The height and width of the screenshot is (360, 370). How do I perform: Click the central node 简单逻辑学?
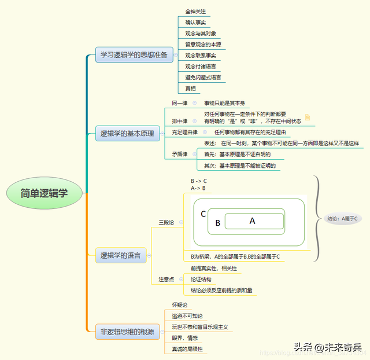point(44,193)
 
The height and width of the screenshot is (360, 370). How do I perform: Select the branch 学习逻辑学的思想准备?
point(134,55)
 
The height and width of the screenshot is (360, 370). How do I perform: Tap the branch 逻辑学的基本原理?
point(127,134)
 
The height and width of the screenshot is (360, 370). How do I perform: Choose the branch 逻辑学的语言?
point(120,255)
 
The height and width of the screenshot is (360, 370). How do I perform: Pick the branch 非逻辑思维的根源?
point(127,332)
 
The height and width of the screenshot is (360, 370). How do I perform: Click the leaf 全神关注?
point(195,12)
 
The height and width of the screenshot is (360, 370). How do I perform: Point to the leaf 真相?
point(190,89)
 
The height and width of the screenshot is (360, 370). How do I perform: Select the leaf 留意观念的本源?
point(203,45)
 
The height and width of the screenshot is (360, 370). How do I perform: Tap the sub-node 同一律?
point(179,102)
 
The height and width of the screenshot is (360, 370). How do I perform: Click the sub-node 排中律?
point(179,122)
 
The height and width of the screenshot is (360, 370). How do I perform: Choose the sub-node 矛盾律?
point(179,154)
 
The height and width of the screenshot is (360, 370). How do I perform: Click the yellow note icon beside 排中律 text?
point(308,117)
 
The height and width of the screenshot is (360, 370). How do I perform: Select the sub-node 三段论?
point(167,222)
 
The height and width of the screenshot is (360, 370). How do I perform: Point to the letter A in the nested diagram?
point(252,221)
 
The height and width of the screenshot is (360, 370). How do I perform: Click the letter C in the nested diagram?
point(203,214)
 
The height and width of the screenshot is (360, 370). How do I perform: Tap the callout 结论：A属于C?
point(343,218)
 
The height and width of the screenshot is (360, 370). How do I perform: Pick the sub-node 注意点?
point(167,280)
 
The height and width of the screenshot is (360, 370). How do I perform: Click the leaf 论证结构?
point(201,280)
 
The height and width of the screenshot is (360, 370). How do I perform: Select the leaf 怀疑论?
point(180,304)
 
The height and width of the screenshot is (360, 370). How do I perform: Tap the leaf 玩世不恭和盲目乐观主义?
point(199,327)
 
